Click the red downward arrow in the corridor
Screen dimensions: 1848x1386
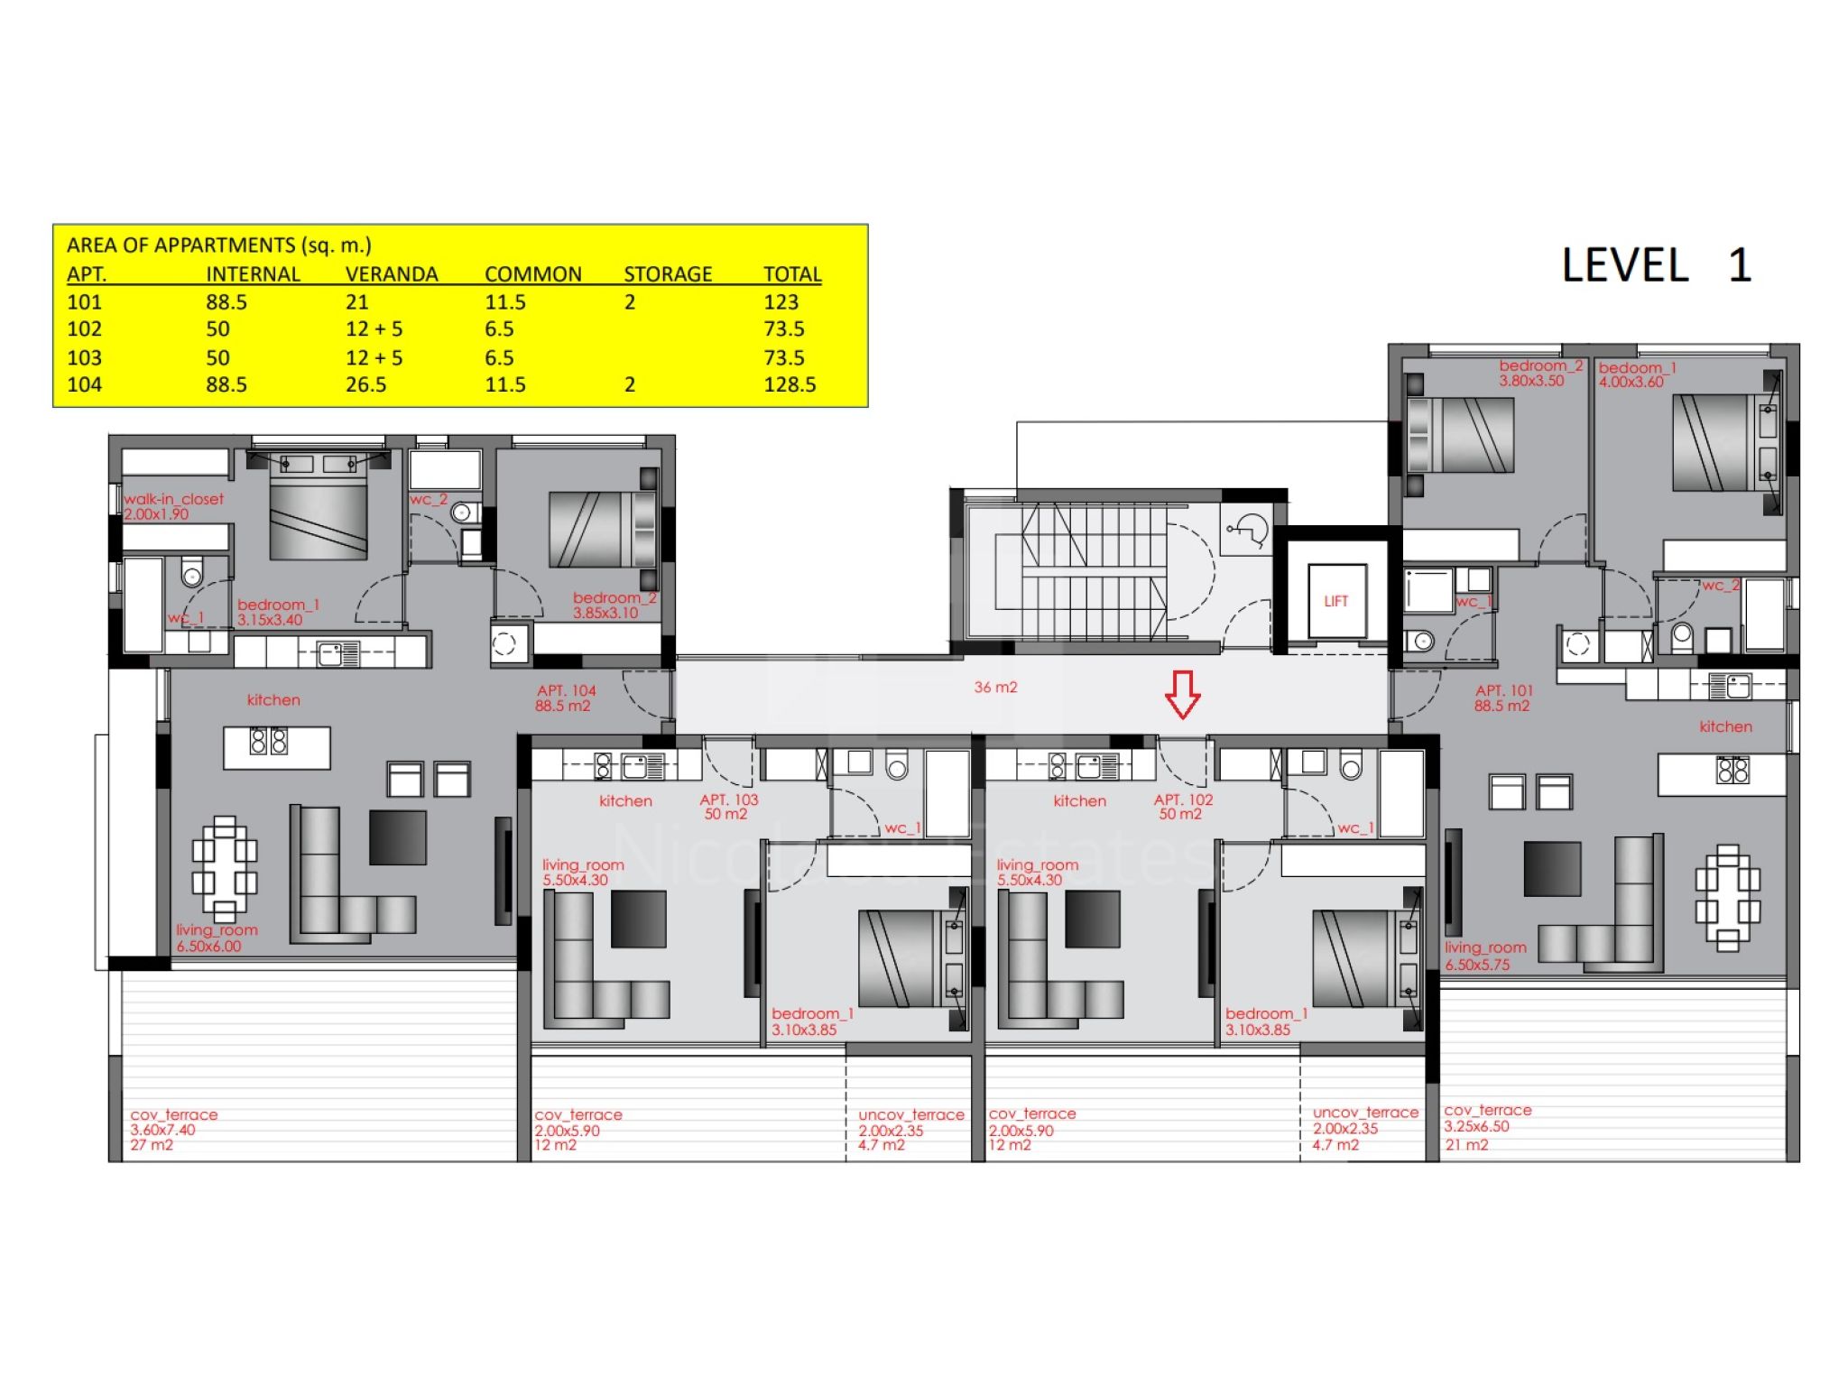pos(1182,694)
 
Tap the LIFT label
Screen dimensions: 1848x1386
pos(1335,601)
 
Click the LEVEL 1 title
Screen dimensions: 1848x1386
pos(1657,265)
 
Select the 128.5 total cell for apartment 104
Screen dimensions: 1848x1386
pos(790,384)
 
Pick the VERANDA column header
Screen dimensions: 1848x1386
pos(392,274)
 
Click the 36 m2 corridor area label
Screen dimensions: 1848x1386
pos(995,688)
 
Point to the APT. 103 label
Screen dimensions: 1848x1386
pos(729,799)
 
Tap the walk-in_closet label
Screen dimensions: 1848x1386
pos(173,499)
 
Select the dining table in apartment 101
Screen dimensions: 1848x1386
pos(1727,898)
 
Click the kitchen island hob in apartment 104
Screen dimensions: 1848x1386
pos(268,742)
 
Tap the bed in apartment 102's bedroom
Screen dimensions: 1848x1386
pos(1363,958)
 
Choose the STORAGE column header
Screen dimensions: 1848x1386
pos(668,274)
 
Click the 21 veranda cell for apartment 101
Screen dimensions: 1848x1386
pos(356,302)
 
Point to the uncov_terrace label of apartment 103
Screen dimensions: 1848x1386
pos(911,1115)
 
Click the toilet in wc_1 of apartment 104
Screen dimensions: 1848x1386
pos(192,572)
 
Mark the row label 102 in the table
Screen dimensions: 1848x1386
pos(84,329)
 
